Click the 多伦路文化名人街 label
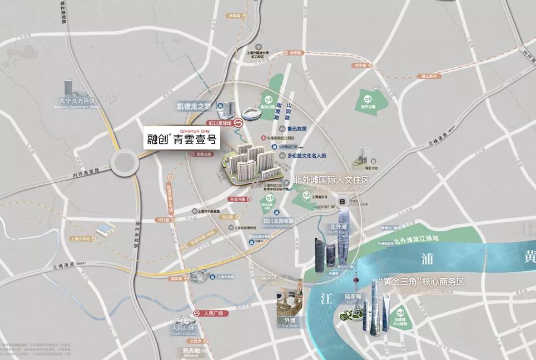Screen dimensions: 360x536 pyautogui.click(x=306, y=156)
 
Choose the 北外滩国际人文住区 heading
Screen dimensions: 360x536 pyautogui.click(x=331, y=181)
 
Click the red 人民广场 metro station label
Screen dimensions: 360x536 pyautogui.click(x=212, y=313)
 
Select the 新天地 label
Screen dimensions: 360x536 pyautogui.click(x=191, y=351)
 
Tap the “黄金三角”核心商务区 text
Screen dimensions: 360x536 pyautogui.click(x=420, y=282)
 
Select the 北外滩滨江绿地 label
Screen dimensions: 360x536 pyautogui.click(x=416, y=239)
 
